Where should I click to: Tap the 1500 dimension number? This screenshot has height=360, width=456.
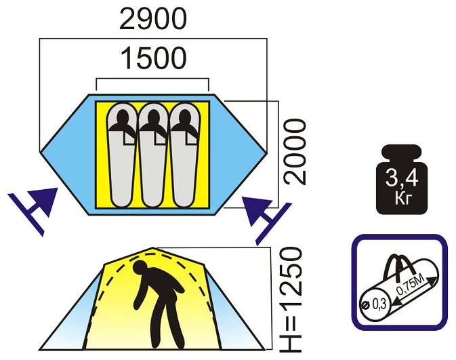[x=152, y=60]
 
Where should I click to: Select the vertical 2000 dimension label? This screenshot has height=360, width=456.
[x=296, y=153]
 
